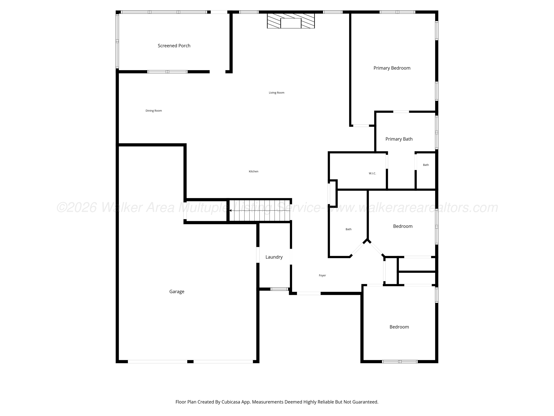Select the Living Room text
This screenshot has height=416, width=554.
click(276, 92)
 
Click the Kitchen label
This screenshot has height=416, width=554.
click(254, 171)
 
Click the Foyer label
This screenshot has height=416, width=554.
click(322, 275)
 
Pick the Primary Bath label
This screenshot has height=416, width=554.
click(399, 139)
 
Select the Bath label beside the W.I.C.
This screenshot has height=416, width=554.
click(426, 165)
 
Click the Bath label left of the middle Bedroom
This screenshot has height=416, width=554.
click(348, 229)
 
